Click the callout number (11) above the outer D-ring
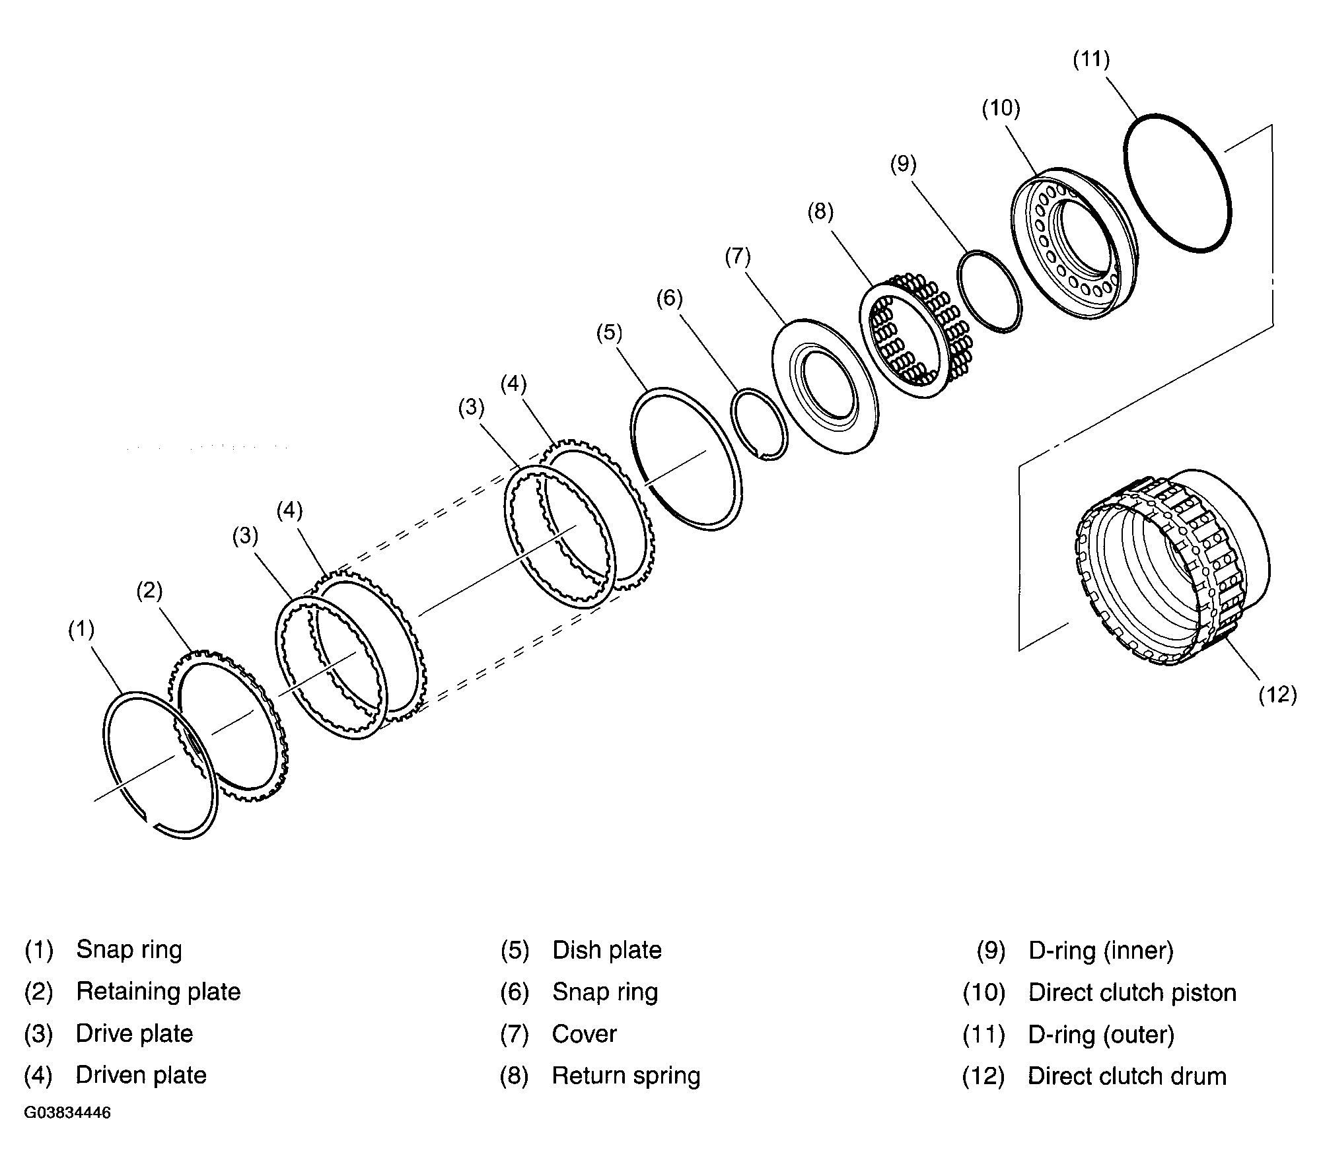[1091, 59]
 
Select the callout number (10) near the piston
[1001, 108]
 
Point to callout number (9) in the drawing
[904, 164]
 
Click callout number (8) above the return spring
[820, 212]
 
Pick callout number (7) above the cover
[738, 256]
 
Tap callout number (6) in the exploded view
[669, 298]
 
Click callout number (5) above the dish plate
[609, 333]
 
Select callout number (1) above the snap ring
[81, 630]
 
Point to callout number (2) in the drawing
[149, 590]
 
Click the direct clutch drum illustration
[1169, 567]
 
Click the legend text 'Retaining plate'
[159, 992]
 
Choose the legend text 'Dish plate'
[607, 950]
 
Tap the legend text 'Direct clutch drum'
[1127, 1076]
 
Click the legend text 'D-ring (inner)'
[1101, 950]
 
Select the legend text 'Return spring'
[626, 1076]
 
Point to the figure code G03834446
[67, 1113]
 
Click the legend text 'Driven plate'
[141, 1076]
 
